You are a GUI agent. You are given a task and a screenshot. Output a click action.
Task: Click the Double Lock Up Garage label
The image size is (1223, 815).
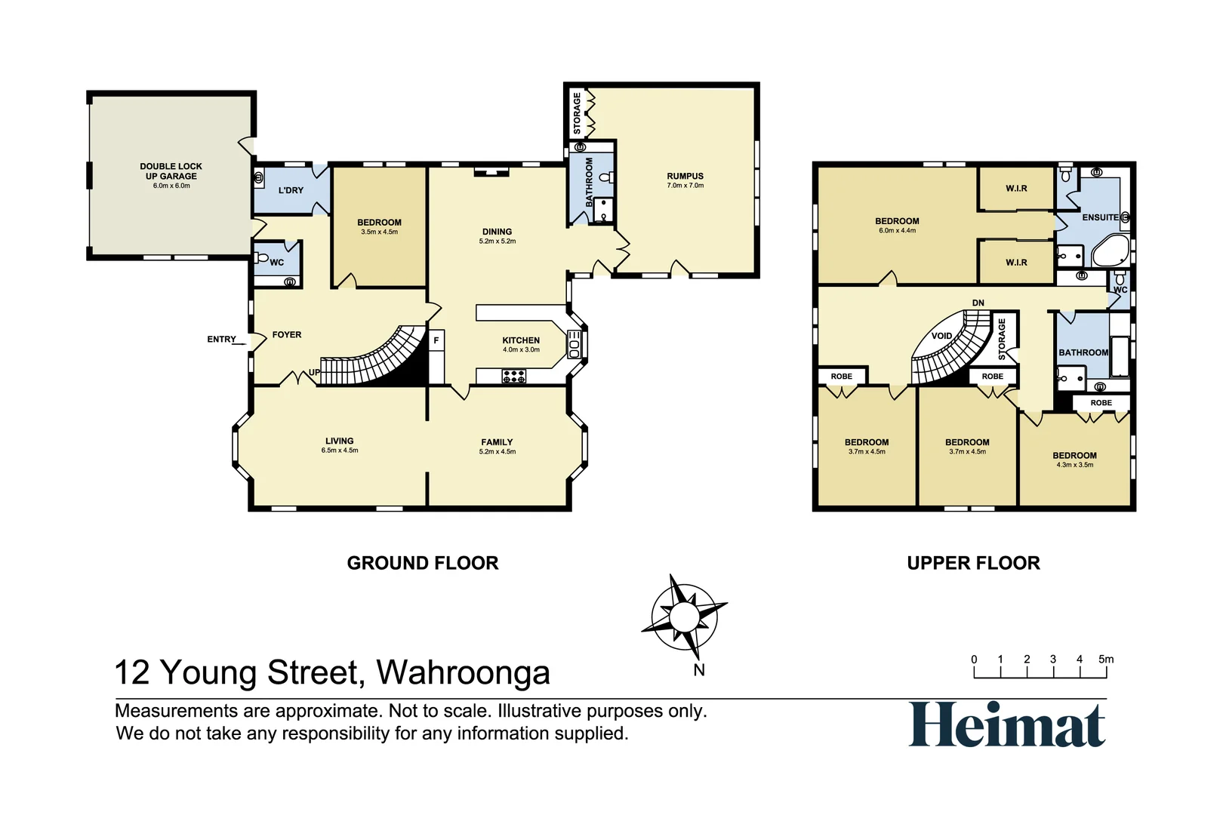pyautogui.click(x=171, y=171)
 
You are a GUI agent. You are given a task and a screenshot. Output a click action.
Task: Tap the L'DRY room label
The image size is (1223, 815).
pyautogui.click(x=291, y=190)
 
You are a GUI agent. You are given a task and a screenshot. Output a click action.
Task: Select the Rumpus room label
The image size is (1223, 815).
pyautogui.click(x=685, y=176)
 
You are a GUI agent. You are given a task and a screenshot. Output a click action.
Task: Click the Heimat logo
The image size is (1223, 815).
pyautogui.click(x=1007, y=724)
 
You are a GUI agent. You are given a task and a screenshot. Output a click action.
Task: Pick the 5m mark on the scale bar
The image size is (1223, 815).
pyautogui.click(x=1106, y=660)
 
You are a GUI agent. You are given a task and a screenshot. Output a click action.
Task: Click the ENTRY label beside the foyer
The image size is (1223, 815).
pyautogui.click(x=221, y=340)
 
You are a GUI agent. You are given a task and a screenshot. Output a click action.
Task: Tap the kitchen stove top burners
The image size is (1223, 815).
pyautogui.click(x=514, y=376)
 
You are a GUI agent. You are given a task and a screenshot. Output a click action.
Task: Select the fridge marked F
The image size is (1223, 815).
pyautogui.click(x=436, y=341)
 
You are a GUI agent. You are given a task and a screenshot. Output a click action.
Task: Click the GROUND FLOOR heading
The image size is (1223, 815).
pyautogui.click(x=423, y=563)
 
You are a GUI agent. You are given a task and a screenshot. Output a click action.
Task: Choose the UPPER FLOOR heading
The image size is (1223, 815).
pyautogui.click(x=973, y=563)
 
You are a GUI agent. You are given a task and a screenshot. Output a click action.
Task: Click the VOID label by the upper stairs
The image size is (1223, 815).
pyautogui.click(x=941, y=336)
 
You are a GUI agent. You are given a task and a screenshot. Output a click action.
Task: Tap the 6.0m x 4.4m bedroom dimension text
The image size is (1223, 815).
pyautogui.click(x=897, y=231)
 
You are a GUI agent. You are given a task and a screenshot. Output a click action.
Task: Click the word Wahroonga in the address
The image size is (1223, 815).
pyautogui.click(x=463, y=672)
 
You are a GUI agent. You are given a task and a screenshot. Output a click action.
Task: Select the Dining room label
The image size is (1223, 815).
pyautogui.click(x=497, y=232)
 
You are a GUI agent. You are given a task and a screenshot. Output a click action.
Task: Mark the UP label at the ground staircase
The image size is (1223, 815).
pyautogui.click(x=314, y=373)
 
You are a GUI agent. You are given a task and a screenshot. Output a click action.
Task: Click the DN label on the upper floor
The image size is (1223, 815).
pyautogui.click(x=978, y=303)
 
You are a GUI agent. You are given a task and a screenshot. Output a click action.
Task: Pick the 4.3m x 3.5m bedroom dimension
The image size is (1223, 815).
pyautogui.click(x=1074, y=465)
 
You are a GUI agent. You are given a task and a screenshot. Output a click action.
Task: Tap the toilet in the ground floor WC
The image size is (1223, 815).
pyautogui.click(x=262, y=258)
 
